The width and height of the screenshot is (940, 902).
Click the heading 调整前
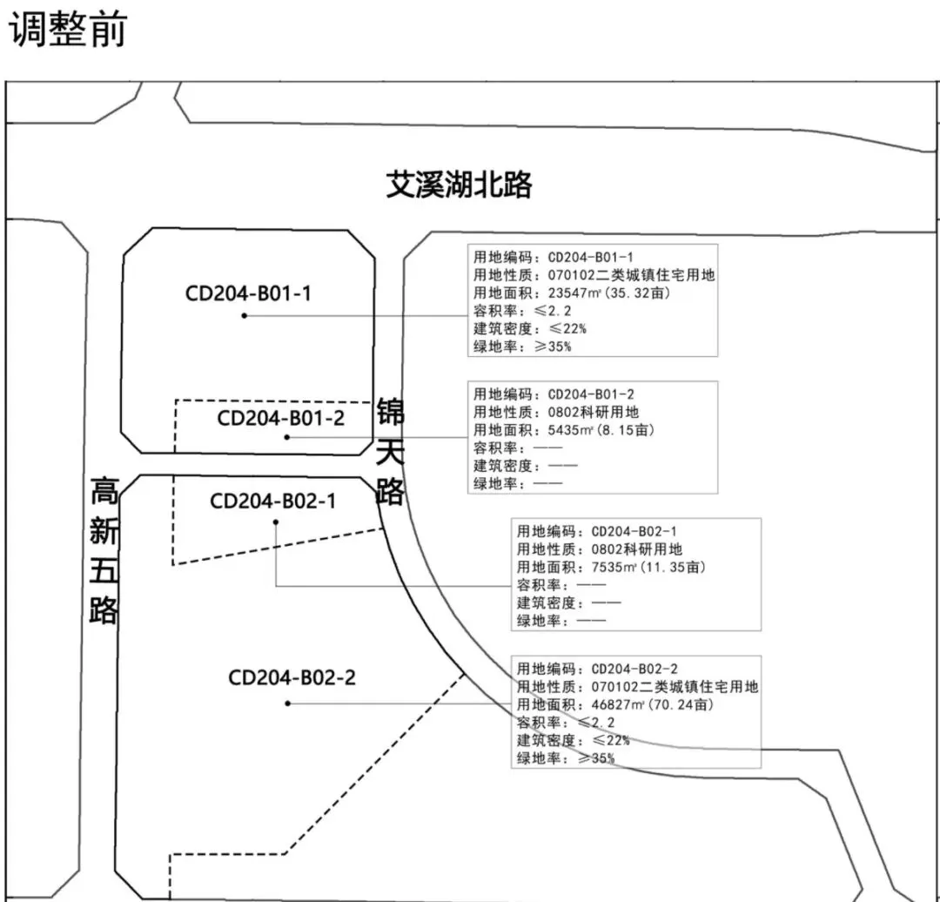click(x=67, y=30)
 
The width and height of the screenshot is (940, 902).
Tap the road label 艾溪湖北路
click(x=459, y=185)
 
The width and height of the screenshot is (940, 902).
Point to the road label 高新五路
click(x=104, y=552)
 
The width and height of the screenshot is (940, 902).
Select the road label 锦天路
click(x=390, y=452)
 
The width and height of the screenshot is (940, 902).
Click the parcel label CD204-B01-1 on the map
click(x=248, y=293)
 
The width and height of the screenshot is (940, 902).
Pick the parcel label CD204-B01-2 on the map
click(x=281, y=418)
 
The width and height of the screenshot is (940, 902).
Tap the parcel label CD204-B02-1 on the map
click(x=273, y=501)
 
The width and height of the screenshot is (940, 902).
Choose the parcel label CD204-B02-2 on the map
click(x=292, y=677)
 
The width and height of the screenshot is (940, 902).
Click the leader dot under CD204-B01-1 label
click(x=244, y=315)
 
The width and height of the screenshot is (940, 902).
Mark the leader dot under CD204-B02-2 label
click(x=287, y=703)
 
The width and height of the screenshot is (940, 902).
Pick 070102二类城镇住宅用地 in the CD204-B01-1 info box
click(x=631, y=275)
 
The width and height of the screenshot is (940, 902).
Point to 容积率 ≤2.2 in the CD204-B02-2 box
click(x=566, y=723)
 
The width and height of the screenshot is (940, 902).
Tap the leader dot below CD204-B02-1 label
click(x=276, y=522)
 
